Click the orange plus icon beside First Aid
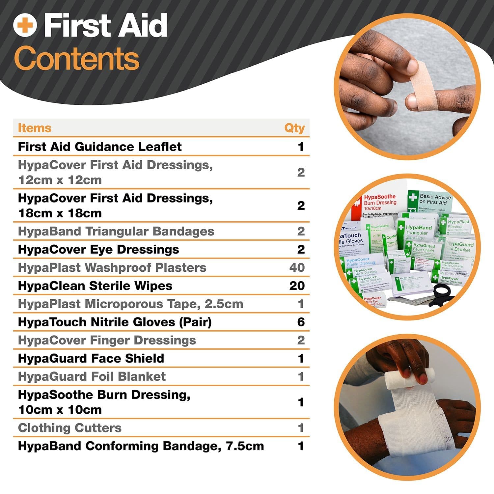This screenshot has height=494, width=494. pos(25,25)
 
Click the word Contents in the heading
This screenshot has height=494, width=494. pos(77,59)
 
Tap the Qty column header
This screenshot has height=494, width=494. pos(294,128)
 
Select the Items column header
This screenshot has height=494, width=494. pos(35,128)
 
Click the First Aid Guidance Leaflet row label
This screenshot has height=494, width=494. pos(99,147)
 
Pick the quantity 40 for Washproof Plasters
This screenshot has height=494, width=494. pos(297,267)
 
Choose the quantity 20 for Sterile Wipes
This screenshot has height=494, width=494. pos(297,286)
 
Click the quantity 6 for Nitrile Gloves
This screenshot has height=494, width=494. pos(301,322)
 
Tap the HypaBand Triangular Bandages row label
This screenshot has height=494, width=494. pos(116,231)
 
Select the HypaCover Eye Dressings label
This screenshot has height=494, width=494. pos(98,249)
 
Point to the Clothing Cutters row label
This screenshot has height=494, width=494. pos(69,428)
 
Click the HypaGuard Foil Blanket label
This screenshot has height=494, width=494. pos(92,376)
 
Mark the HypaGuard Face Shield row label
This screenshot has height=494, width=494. pos(91,358)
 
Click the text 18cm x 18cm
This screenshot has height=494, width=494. pos(60,213)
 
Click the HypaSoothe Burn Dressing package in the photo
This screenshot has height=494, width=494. pos(379,204)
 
